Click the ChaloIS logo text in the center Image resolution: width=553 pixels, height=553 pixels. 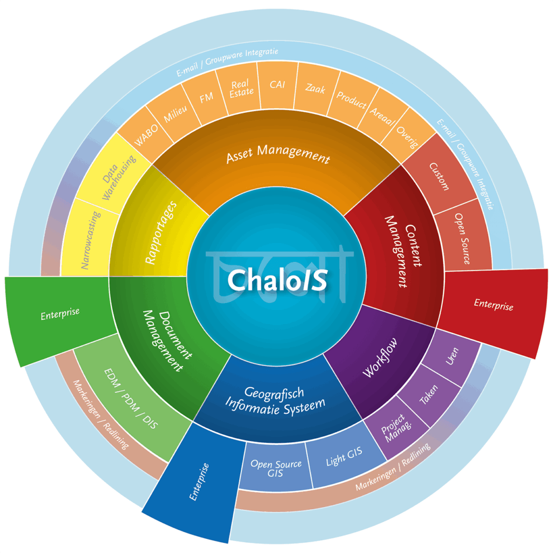coord(278,280)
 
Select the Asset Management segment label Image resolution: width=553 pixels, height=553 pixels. coord(278,154)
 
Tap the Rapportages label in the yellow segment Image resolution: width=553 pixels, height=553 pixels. coord(161,232)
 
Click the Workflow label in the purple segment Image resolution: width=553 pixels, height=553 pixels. coord(380,358)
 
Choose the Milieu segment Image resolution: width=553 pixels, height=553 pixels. coord(174,112)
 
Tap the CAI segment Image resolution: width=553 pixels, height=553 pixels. coord(278,85)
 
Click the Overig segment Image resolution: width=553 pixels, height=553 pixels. coord(407,136)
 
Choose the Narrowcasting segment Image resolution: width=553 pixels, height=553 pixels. coord(90,240)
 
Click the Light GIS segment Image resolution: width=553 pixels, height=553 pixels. coord(344,456)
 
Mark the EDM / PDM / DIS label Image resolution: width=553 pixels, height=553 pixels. coord(131,399)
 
